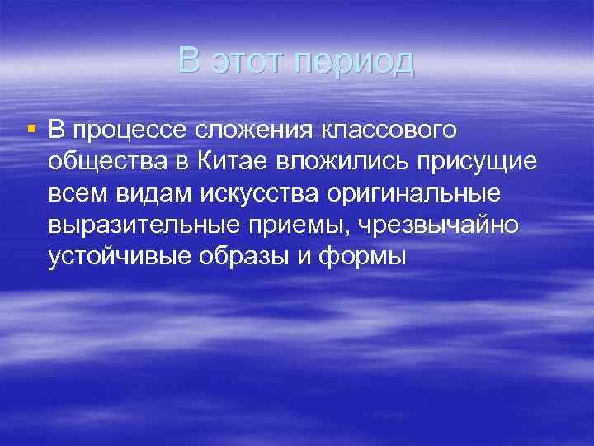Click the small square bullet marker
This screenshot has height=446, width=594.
(31, 130)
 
